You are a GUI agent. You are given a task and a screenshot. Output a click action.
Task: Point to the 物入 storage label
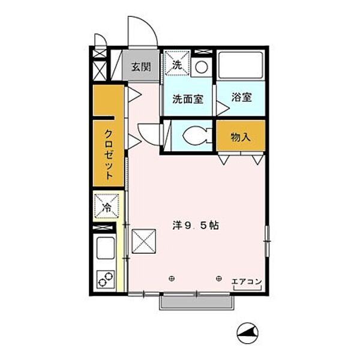241,137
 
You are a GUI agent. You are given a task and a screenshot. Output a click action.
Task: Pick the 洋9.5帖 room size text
196,226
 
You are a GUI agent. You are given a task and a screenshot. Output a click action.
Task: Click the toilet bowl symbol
195,137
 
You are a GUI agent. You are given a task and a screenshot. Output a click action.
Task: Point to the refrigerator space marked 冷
107,207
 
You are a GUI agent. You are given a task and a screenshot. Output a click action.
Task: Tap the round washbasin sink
202,66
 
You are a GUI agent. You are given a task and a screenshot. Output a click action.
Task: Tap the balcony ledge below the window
196,302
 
